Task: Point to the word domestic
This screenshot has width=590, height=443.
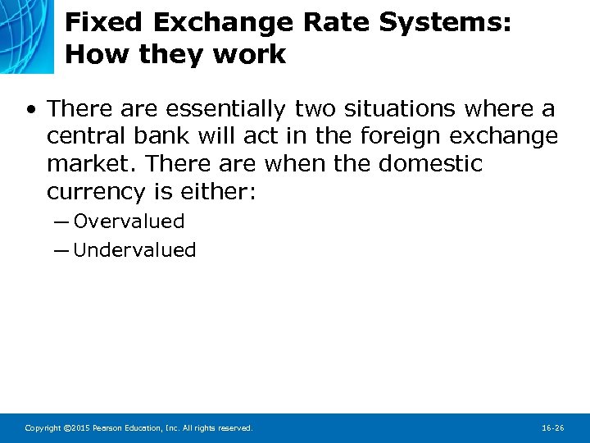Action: [430, 164]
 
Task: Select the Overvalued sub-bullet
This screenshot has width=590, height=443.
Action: [129, 221]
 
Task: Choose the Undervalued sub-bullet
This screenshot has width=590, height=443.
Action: [134, 250]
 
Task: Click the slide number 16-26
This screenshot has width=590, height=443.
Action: [553, 428]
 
